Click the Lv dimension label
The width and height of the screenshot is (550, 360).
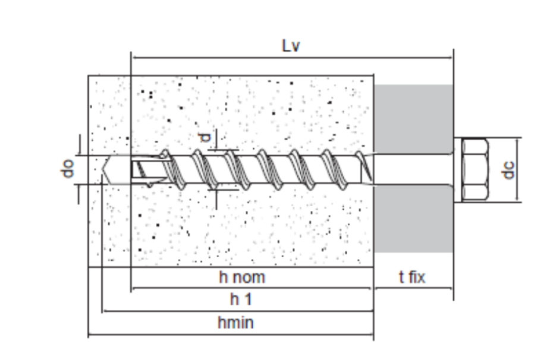click(x=291, y=46)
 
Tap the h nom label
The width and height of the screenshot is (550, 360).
click(x=242, y=277)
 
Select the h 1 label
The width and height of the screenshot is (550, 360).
click(x=241, y=299)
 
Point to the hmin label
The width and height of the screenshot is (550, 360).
click(x=235, y=323)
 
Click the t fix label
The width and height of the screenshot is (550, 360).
click(x=412, y=277)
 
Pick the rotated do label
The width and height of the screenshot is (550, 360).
click(x=67, y=169)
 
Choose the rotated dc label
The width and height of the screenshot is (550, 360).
click(x=508, y=170)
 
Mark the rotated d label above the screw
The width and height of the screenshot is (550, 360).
click(x=205, y=138)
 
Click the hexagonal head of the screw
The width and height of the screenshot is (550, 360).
click(x=475, y=169)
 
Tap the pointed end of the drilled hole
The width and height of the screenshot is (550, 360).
click(x=102, y=169)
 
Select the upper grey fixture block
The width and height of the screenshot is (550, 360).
click(x=413, y=119)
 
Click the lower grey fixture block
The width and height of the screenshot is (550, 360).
click(x=413, y=219)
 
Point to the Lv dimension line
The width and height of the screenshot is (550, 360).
click(x=292, y=58)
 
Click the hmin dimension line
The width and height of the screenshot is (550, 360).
click(x=231, y=334)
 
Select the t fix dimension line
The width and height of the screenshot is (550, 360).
click(x=413, y=288)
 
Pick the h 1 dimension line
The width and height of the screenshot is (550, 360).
click(x=238, y=311)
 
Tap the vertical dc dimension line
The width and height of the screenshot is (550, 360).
click(x=517, y=170)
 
